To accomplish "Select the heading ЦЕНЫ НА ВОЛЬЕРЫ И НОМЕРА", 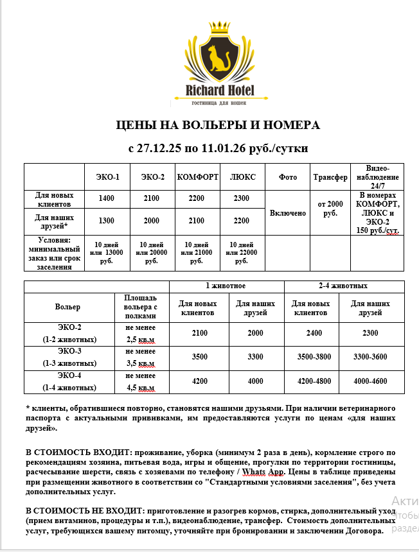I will coord(217,125).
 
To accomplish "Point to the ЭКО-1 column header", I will coord(107,177).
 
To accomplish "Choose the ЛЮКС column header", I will coord(242,177).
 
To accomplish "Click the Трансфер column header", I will coord(330,177).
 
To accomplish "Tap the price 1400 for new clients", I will coord(107,198).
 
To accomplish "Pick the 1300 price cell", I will coord(107,221).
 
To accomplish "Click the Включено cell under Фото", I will coord(288,212).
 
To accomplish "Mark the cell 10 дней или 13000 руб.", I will coord(107,253).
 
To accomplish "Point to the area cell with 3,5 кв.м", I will coord(141,358).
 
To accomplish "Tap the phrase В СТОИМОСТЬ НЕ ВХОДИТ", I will coord(83,510).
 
